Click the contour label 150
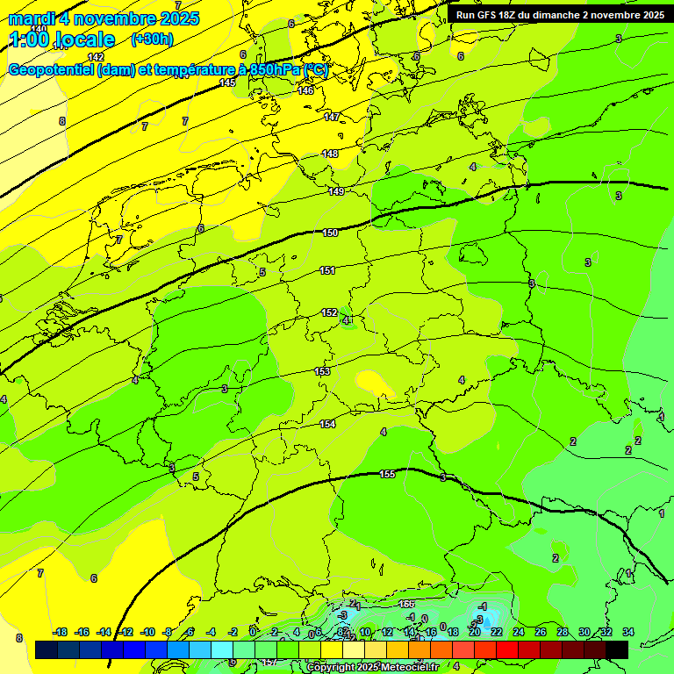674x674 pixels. point(330,233)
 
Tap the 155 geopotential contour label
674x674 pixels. point(387,474)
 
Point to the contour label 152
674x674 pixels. point(329,312)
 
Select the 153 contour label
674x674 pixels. point(322,371)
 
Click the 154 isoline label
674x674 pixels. point(327,424)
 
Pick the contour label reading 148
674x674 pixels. point(330,154)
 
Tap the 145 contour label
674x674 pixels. point(227,82)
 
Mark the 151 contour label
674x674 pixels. point(327,270)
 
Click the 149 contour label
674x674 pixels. point(336,191)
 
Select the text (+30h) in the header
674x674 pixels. point(152,39)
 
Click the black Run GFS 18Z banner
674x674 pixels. point(560,15)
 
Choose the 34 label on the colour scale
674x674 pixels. point(628,632)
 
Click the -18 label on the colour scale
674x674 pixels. point(61,632)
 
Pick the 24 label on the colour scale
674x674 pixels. point(519,632)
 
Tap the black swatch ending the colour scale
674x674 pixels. point(617,649)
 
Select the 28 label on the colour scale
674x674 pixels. point(563,632)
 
